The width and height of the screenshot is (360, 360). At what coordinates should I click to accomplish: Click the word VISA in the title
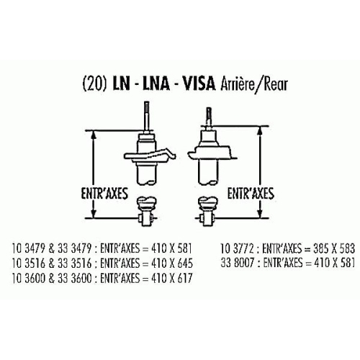[x=199, y=84]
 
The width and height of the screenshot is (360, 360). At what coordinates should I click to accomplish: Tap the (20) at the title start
[x=94, y=84]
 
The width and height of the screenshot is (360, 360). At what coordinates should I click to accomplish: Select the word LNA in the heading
[x=156, y=84]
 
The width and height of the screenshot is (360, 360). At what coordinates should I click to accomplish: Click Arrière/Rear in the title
[x=254, y=84]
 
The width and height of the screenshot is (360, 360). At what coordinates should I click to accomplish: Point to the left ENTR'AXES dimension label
[x=104, y=194]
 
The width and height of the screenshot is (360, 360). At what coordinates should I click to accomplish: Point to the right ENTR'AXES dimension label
[x=251, y=194]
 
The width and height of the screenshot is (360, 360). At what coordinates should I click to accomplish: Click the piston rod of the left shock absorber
[x=146, y=117]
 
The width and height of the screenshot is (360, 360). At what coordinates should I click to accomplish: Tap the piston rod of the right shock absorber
[x=210, y=118]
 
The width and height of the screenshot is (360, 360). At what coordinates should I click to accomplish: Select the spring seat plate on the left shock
[x=150, y=156]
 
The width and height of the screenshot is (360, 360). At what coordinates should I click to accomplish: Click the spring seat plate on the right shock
[x=212, y=153]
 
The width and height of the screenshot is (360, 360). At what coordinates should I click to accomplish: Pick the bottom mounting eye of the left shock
[x=145, y=218]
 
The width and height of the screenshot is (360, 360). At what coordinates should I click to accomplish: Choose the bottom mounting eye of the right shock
[x=207, y=218]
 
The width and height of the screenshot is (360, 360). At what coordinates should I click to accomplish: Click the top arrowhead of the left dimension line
[x=94, y=135]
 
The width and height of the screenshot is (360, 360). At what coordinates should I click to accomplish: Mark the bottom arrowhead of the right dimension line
[x=260, y=213]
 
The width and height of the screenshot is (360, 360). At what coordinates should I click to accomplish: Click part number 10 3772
[x=237, y=248]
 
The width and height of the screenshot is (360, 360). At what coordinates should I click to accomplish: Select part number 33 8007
[x=238, y=263]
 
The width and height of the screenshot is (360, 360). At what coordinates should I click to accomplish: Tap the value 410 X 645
[x=172, y=264]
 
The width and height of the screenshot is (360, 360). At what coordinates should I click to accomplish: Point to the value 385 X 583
[x=334, y=248]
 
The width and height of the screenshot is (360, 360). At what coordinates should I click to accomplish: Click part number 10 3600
[x=28, y=279]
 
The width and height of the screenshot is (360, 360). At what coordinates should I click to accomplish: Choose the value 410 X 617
[x=172, y=279]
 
